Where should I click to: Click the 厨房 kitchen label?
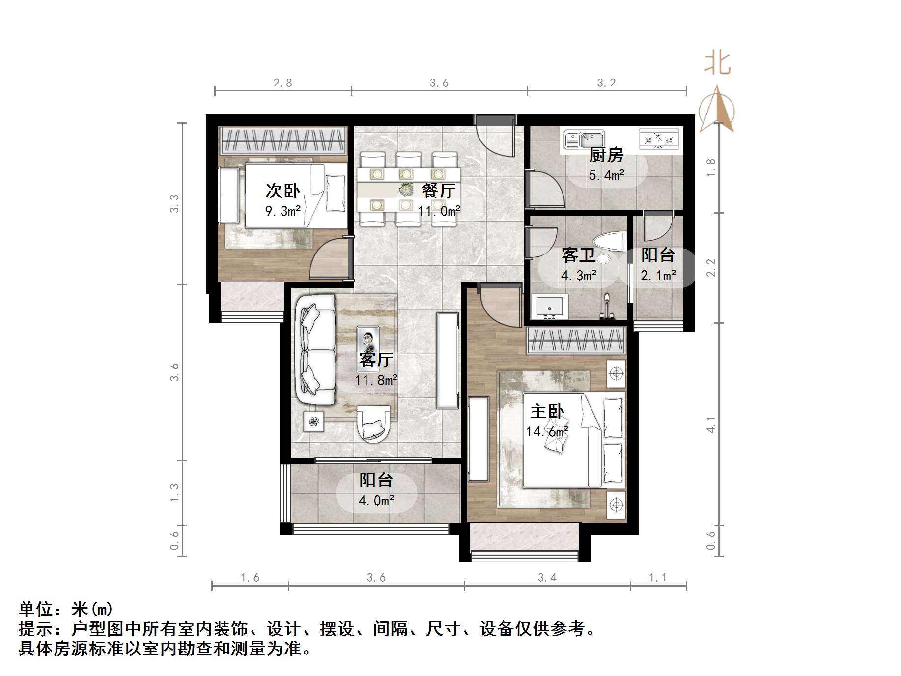606,155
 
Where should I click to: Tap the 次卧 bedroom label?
282,191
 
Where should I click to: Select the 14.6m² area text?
547,432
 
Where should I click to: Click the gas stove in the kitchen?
658,139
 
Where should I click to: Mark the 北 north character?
718,64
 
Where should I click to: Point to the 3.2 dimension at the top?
606,83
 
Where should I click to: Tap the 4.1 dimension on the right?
711,425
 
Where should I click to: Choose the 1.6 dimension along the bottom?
250,578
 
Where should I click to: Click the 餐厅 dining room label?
439,191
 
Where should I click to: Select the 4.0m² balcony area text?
376,501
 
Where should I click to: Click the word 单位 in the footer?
36,609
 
